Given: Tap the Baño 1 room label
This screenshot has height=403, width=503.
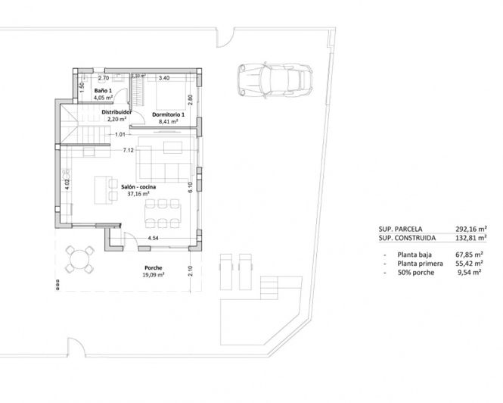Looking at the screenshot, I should pos(102,90).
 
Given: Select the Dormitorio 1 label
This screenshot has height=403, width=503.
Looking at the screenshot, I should pos(167,114).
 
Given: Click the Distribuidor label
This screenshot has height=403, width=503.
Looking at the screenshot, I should pos(117,111).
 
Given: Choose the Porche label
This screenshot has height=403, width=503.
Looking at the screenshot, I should pos(154,268).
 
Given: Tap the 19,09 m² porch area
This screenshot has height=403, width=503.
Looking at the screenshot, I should pos(154,276).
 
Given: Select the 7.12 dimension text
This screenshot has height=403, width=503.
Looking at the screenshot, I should pos(128,151).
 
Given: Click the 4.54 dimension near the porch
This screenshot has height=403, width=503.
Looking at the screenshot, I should pos(154,239).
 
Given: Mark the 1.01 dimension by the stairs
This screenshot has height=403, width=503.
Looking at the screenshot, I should pos(120,134).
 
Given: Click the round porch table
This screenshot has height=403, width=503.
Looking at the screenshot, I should pos(79,260).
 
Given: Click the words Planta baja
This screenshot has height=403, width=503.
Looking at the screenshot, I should pos(415,255).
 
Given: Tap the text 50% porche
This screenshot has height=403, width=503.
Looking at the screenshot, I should pos(415,272).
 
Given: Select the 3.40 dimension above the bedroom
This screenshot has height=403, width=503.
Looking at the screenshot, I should pos(163,77).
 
